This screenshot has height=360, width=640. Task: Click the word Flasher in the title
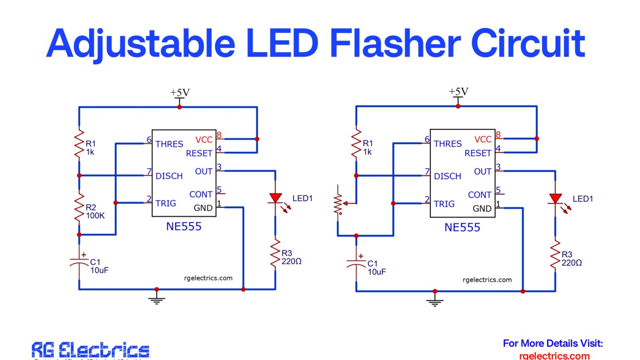pos(395,44)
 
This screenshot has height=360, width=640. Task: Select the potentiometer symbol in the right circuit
pos(339,203)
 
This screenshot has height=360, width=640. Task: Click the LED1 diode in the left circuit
pos(275,199)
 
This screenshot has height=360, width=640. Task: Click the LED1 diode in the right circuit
pos(555,199)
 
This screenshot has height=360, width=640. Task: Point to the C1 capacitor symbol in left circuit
pos(79,262)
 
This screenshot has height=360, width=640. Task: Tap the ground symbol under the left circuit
pos(157,298)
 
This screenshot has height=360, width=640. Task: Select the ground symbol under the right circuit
pos(435,300)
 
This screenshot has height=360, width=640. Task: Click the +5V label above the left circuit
pos(180,92)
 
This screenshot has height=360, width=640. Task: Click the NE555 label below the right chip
pos(462,227)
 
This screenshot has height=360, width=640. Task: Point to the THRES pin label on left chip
pos(169,144)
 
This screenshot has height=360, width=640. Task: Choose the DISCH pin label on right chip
pos(447,176)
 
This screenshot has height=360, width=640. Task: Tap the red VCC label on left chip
pos(204,140)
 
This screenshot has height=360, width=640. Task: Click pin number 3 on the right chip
pos(498,167)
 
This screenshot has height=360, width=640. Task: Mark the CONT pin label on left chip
pos(201,194)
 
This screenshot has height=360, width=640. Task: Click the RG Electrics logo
pos(90,350)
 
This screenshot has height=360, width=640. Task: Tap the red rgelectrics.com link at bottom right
pos(554,355)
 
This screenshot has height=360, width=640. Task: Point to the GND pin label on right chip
pos(482,208)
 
